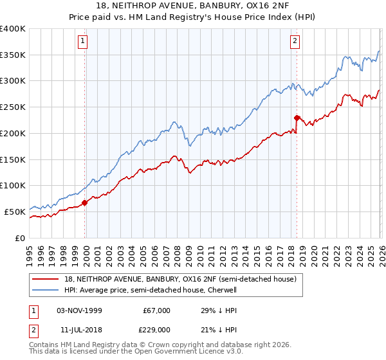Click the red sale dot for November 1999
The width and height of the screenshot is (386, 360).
(85, 203)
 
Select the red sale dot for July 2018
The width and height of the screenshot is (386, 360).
(297, 118)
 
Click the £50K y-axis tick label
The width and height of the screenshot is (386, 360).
(15, 212)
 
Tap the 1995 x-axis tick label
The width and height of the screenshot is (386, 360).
(30, 251)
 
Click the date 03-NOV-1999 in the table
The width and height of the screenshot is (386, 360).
(79, 310)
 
